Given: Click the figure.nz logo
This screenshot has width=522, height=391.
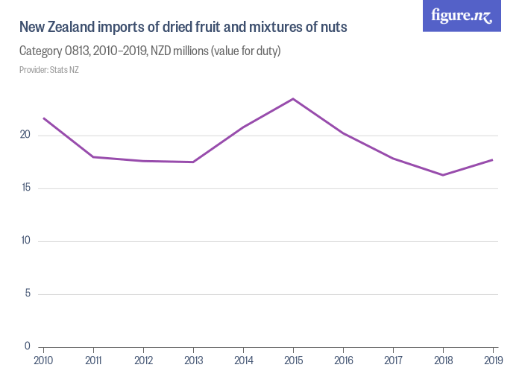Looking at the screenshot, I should pyautogui.click(x=462, y=16).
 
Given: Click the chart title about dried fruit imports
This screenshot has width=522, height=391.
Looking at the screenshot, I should pyautogui.click(x=183, y=28).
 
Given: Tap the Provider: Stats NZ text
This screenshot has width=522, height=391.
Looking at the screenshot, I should pyautogui.click(x=49, y=70).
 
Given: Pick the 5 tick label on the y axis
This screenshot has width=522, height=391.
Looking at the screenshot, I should pyautogui.click(x=27, y=293).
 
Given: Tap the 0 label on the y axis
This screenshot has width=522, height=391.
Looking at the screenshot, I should pyautogui.click(x=27, y=346).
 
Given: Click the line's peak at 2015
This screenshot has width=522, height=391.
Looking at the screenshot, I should pyautogui.click(x=293, y=98).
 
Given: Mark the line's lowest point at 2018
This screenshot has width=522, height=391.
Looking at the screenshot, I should pyautogui.click(x=443, y=175).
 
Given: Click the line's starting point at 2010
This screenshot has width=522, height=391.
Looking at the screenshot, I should pyautogui.click(x=43, y=118).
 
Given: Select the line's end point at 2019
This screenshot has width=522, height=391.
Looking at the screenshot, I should pyautogui.click(x=493, y=159).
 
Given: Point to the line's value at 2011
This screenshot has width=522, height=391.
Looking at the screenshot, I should pyautogui.click(x=93, y=156).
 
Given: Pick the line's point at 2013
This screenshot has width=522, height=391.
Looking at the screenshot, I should pyautogui.click(x=193, y=162).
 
